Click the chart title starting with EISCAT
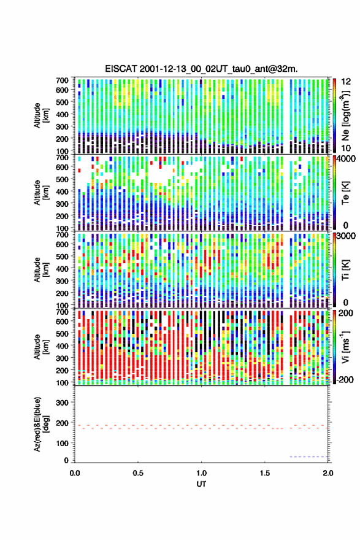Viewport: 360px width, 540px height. [201, 69]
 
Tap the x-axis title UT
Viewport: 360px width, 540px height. [201, 484]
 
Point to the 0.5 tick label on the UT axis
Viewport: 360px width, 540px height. [138, 473]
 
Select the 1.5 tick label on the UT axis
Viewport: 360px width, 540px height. [265, 473]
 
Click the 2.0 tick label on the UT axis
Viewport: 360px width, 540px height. [328, 473]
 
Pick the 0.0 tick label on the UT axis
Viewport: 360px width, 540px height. [75, 473]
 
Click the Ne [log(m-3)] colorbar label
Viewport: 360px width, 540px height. [345, 115]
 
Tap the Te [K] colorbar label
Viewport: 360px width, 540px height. [345, 192]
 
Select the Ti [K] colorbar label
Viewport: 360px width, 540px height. [345, 269]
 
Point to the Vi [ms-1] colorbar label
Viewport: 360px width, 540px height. [345, 347]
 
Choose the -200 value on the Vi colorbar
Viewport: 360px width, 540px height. [344, 379]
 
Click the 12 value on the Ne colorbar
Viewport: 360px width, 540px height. [346, 82]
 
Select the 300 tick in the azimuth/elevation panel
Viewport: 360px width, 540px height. [63, 403]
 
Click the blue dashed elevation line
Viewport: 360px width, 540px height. [308, 457]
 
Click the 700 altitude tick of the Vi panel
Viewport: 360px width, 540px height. [63, 312]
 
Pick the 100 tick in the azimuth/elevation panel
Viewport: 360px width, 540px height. [63, 443]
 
